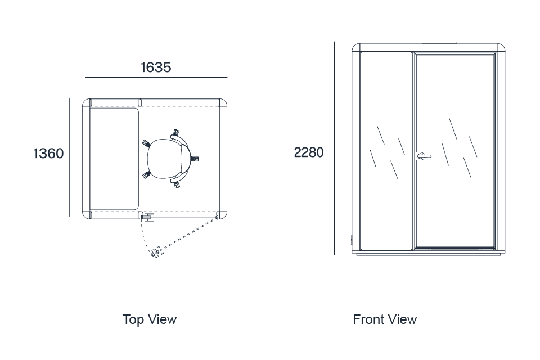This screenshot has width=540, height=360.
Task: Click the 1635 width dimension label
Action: click(156, 67)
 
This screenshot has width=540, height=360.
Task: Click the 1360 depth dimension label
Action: click(48, 154)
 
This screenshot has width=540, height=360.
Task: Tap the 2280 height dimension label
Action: click(309, 152)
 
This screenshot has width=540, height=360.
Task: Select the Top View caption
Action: click(150, 319)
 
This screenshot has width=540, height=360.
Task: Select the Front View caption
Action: click(385, 319)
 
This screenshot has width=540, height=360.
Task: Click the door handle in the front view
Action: click(423, 156)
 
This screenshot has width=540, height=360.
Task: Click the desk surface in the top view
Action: click(114, 159)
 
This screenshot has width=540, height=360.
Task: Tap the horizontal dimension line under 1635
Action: click(156, 78)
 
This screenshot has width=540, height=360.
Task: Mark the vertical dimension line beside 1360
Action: click(70, 157)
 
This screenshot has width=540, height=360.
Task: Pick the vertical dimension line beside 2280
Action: click(334, 148)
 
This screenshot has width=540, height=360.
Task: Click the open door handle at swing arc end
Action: click(156, 253)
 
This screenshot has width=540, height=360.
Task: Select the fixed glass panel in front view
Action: click(386, 151)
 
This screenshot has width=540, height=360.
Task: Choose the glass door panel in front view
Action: click(455, 151)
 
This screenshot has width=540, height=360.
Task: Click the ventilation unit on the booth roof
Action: click(439, 43)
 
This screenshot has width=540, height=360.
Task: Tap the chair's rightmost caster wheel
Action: click(195, 159)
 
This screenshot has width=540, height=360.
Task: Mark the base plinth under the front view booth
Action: click(429, 255)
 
